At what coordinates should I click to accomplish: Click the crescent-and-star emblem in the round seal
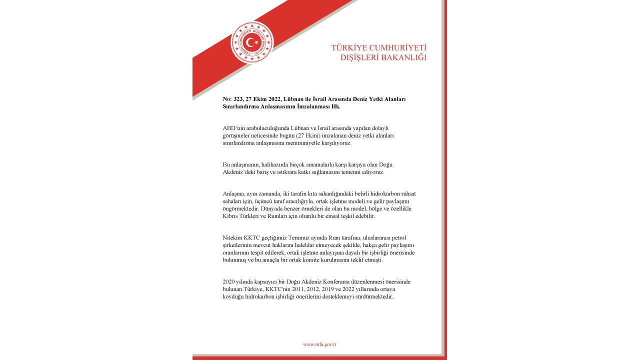click(x=252, y=42)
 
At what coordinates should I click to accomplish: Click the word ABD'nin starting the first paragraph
click(x=233, y=128)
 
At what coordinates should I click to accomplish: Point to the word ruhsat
click(x=406, y=193)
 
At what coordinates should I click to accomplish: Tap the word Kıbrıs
click(x=230, y=216)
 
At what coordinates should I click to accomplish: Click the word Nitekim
click(x=232, y=237)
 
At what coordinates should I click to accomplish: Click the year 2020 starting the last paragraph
click(x=228, y=281)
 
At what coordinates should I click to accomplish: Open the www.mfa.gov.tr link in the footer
click(x=319, y=344)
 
